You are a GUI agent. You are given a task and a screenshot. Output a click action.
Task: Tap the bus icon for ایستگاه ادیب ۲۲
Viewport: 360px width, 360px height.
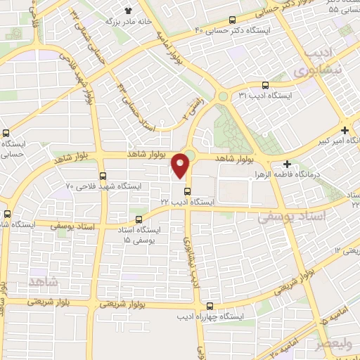[186, 191]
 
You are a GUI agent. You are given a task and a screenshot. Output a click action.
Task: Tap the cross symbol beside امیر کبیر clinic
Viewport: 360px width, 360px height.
[345, 130]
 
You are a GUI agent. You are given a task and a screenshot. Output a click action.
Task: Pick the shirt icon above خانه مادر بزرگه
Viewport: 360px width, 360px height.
[129, 11]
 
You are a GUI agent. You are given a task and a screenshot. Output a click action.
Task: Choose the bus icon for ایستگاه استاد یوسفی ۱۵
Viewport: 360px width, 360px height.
[139, 219]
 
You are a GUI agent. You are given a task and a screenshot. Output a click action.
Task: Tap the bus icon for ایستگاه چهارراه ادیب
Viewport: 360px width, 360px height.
[211, 305]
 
